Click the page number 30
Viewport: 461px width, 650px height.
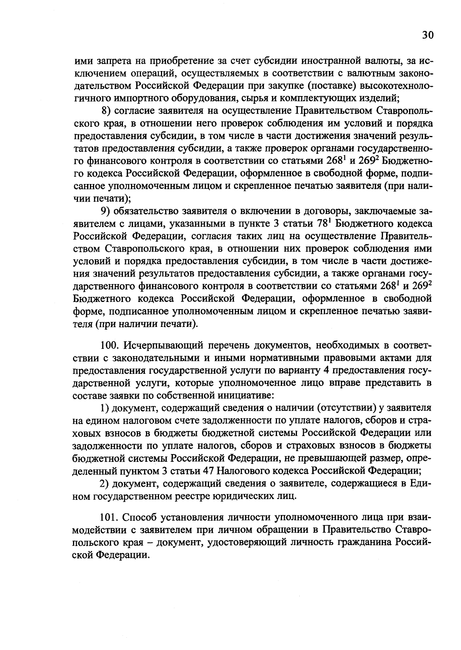coord(428,35)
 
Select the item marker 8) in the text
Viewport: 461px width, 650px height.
coord(106,111)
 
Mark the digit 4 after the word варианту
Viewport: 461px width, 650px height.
coord(324,370)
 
